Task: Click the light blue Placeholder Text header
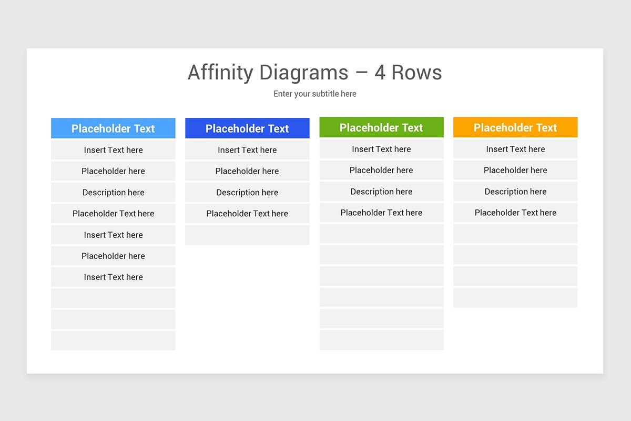113,128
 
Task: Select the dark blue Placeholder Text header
247,128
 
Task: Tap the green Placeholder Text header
381,127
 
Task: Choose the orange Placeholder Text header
515,127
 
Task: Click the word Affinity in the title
220,72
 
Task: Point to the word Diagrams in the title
304,73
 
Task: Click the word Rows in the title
416,73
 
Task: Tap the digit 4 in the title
380,73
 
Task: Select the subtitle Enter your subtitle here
315,94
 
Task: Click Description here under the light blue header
113,192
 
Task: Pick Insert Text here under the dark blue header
247,150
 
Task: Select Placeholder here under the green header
381,170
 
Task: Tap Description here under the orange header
515,192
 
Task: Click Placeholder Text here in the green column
381,213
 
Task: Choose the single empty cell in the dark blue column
247,235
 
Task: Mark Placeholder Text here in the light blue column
113,214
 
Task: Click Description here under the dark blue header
247,192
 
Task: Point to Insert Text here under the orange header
515,149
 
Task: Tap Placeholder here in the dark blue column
247,171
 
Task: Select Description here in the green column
381,192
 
